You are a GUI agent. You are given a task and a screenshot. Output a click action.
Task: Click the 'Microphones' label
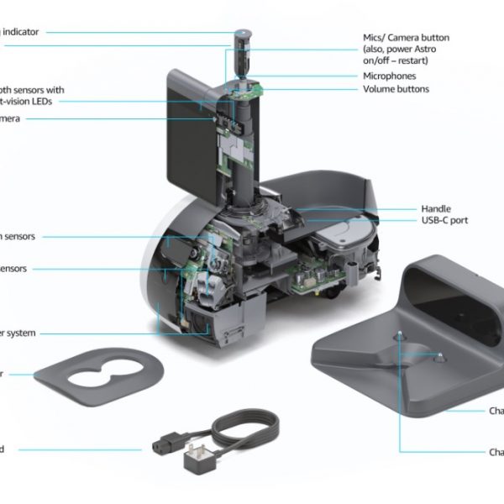point(389,76)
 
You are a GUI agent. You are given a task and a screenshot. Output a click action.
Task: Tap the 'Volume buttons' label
point(396,89)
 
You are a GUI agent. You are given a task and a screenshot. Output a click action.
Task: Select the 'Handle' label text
point(436,208)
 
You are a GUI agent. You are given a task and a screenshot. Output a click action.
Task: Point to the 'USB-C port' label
point(444,220)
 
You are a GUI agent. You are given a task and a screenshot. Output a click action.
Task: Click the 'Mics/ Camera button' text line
point(406,38)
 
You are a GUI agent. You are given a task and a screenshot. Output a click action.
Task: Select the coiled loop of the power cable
point(248,428)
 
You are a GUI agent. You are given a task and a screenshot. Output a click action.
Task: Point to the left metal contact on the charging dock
point(399,335)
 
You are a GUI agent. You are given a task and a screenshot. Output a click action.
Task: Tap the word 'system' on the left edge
point(20,333)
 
